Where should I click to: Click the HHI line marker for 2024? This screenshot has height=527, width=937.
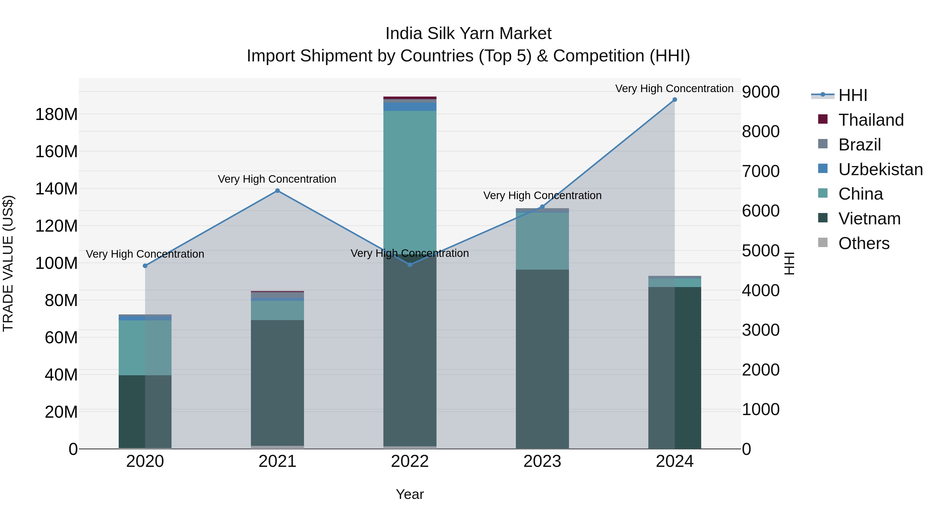tap(674, 100)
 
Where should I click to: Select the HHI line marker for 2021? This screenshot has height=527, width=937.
tap(277, 191)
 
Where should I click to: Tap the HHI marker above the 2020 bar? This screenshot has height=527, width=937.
tap(145, 266)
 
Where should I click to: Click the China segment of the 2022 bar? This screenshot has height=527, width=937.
tap(410, 182)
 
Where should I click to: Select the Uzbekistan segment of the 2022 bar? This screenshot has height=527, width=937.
tap(410, 106)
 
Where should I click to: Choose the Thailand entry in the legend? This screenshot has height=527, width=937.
tap(871, 120)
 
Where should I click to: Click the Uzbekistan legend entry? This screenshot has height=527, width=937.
tap(880, 169)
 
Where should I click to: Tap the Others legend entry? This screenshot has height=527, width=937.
tap(864, 243)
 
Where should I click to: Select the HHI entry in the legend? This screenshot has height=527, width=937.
tap(853, 95)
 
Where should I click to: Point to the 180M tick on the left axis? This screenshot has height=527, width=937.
tap(56, 115)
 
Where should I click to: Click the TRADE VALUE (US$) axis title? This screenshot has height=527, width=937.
tap(8, 263)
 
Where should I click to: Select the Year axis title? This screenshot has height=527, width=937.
tap(410, 494)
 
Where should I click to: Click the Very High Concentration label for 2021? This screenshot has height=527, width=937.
tap(277, 179)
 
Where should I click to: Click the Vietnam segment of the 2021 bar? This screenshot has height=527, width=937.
tap(277, 382)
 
